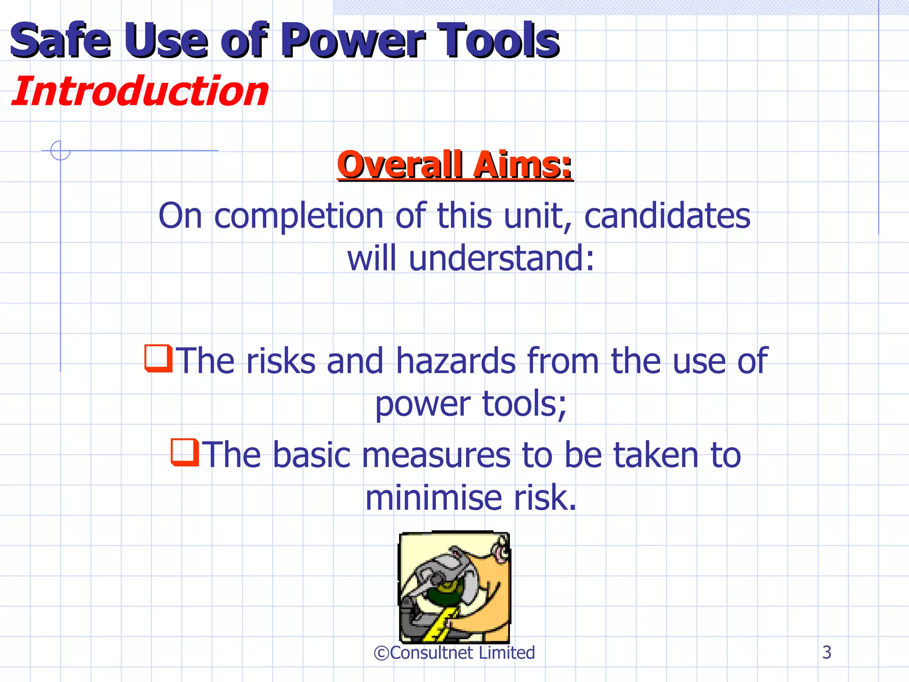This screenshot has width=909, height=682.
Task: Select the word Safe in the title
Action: [60, 41]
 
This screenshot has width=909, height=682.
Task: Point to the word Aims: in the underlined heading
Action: [522, 165]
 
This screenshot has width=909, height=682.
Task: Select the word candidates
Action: [667, 216]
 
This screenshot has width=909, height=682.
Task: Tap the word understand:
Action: [502, 258]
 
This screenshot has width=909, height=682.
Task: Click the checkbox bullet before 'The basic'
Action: [185, 452]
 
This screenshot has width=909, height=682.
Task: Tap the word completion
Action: [299, 216]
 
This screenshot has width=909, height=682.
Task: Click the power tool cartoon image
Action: [454, 587]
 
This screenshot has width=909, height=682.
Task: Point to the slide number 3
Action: [826, 652]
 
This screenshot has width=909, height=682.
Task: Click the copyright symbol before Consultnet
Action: [381, 653]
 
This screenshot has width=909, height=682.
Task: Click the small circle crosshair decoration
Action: [60, 150]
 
